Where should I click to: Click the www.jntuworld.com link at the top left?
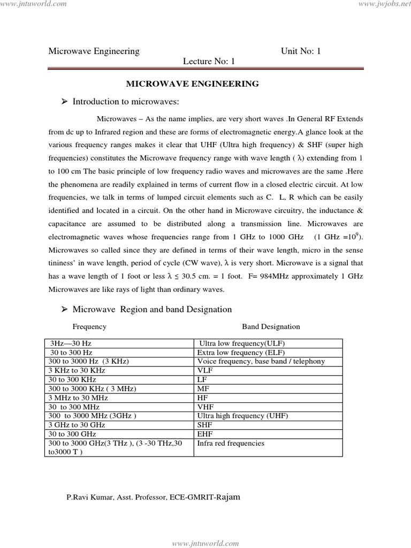point(33,4)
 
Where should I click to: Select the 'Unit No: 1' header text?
point(301,51)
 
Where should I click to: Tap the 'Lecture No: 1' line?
point(209,62)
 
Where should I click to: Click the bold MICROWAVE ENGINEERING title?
point(192,83)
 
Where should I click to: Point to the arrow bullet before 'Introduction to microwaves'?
point(65,101)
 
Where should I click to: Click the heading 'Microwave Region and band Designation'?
point(152,309)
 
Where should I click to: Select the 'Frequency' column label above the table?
point(89,326)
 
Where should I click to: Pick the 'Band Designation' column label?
point(271,326)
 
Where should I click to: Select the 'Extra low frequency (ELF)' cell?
point(241,353)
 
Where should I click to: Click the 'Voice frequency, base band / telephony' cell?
point(261,361)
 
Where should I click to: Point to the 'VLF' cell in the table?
point(205,370)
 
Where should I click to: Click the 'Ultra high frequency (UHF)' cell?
point(242,416)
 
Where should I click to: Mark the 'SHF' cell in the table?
point(205,425)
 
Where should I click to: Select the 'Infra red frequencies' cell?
point(231,443)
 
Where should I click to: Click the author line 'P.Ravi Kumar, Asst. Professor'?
point(154,497)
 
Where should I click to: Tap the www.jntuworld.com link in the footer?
point(205,543)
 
